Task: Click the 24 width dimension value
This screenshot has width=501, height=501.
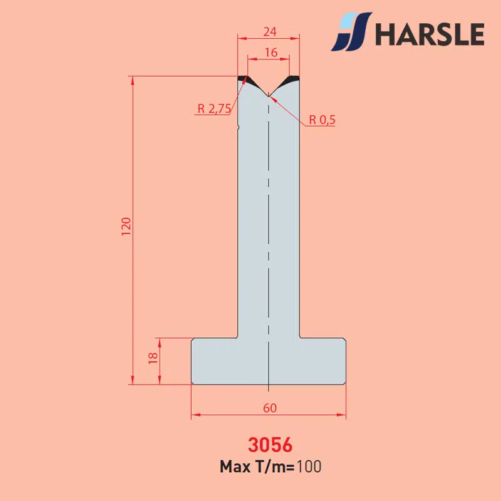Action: click(270, 32)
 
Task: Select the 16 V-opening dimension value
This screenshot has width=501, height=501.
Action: click(271, 53)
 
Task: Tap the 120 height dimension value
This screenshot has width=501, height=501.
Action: click(127, 227)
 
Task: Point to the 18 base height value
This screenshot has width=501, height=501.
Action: click(153, 358)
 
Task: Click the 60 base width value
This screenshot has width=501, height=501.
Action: click(270, 408)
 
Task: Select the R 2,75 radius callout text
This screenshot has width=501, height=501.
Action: click(214, 109)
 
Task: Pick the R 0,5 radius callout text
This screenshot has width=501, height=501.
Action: click(322, 120)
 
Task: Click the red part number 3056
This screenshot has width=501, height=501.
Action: click(270, 445)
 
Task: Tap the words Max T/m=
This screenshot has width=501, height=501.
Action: click(257, 467)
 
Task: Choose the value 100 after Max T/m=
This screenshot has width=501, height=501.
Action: click(309, 467)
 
